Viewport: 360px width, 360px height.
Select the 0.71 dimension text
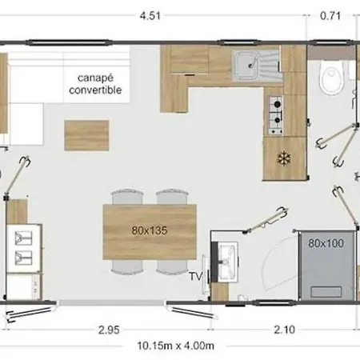(329, 14)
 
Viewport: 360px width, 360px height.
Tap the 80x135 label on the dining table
(150, 229)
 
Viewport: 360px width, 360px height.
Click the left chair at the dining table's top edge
(127, 197)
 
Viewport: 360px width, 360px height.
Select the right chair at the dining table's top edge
(171, 197)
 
